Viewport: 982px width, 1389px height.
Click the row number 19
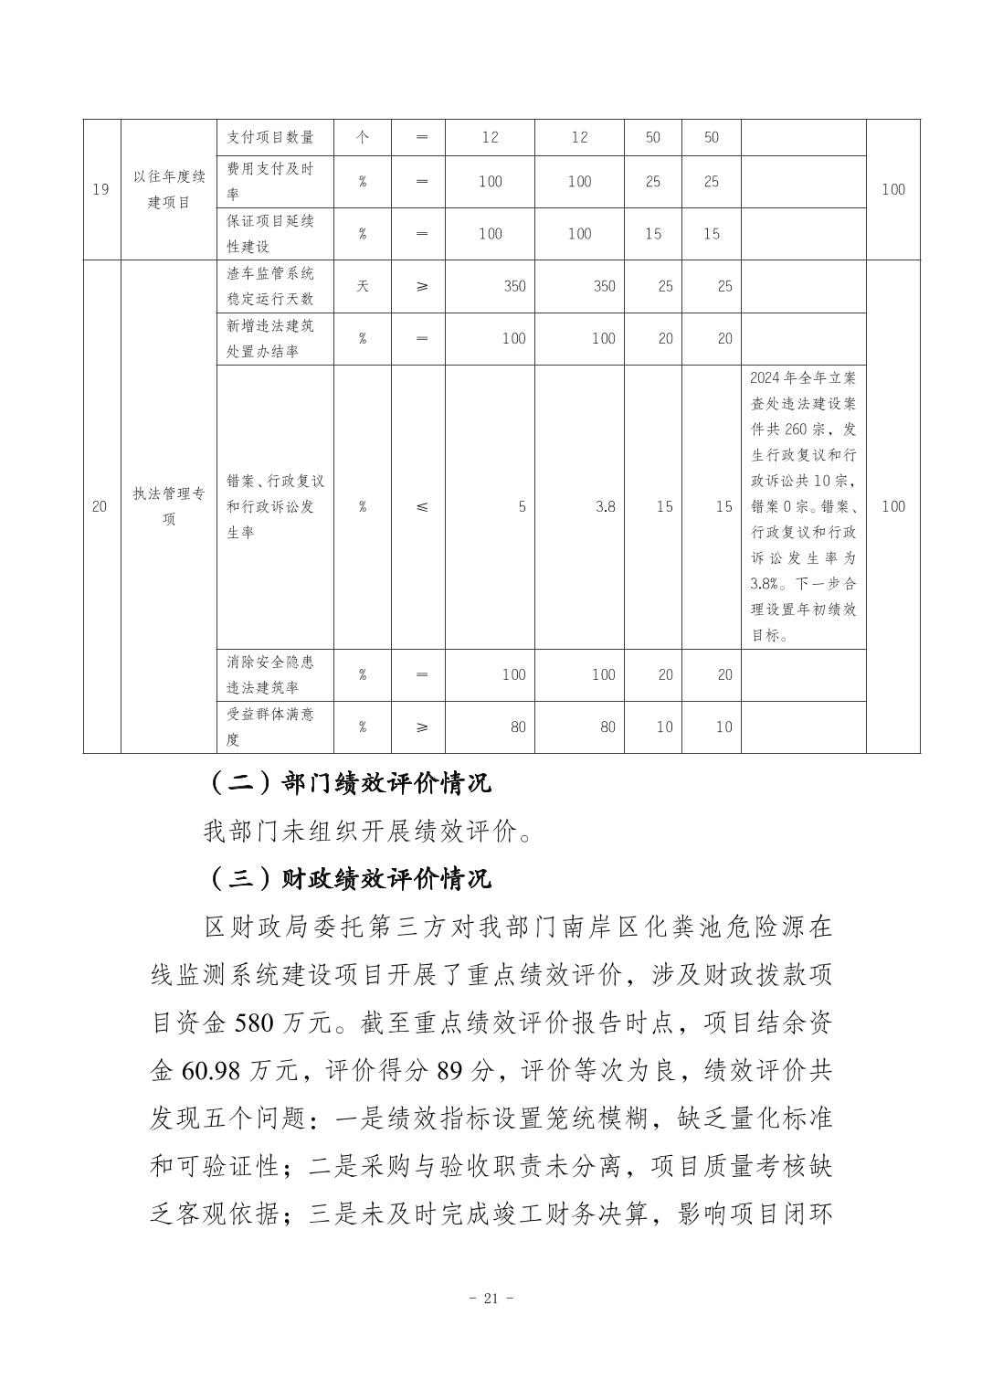point(101,189)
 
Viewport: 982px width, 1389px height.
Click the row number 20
point(101,506)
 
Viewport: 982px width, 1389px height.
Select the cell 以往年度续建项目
point(169,189)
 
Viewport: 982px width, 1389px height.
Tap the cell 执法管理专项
point(169,506)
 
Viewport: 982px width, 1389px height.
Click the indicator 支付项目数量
point(270,137)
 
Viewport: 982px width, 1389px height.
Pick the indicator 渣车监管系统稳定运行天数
point(270,286)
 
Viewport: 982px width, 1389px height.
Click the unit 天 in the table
point(363,286)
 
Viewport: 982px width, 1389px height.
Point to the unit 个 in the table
point(363,137)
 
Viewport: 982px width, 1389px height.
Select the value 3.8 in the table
point(605,506)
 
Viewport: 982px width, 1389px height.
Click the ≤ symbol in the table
point(421,506)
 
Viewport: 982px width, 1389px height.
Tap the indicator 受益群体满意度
point(270,726)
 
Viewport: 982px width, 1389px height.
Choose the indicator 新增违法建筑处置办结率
point(270,338)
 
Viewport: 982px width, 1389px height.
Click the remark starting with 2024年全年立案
point(803,506)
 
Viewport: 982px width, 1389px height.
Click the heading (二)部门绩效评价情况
point(349,783)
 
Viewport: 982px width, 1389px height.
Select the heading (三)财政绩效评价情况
point(349,878)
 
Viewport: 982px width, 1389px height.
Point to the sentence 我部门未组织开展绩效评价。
point(367,832)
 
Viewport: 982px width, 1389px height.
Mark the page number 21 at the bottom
point(491,1298)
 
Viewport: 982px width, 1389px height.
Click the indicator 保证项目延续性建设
point(270,234)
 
